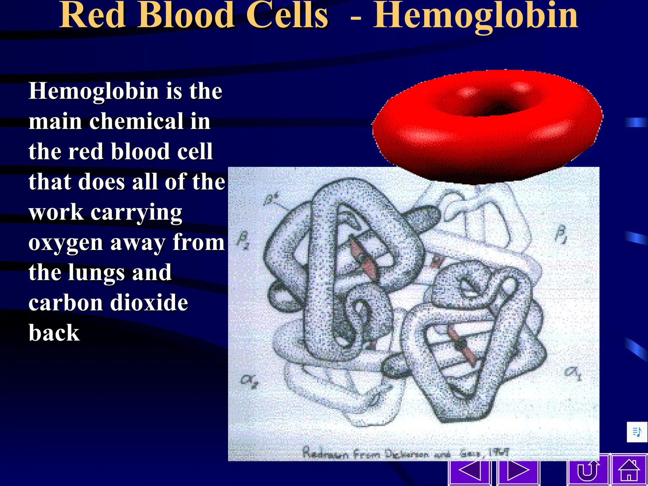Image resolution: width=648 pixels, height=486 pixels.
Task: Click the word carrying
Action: pos(136,213)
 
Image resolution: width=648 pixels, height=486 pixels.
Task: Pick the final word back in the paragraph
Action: pos(54,333)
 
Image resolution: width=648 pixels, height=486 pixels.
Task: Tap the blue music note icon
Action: pos(637,432)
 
